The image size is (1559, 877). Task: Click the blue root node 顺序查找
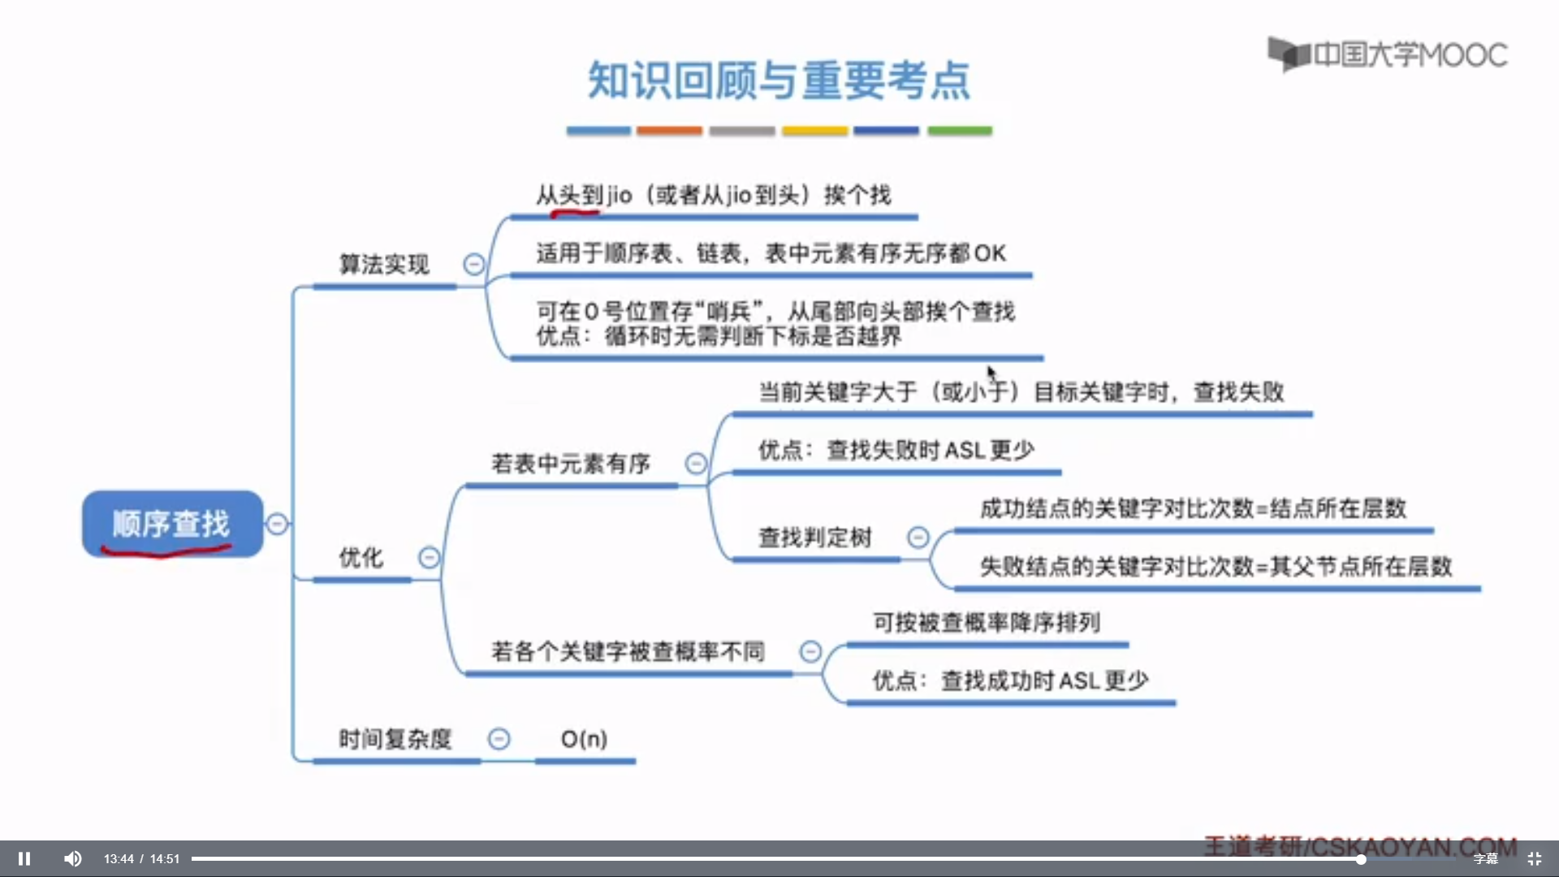(172, 524)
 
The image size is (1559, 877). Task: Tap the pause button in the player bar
(24, 858)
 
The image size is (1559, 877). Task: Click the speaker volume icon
(73, 858)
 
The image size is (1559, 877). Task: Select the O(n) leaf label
(584, 739)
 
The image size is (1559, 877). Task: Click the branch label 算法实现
(384, 265)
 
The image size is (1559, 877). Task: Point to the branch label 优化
(361, 558)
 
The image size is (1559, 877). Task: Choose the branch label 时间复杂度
(395, 739)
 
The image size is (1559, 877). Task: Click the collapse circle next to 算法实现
(474, 264)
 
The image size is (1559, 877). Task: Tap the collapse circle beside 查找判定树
(918, 537)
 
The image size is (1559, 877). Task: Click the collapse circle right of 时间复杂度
(499, 739)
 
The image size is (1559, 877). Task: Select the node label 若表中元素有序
(571, 464)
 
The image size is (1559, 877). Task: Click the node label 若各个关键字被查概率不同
(628, 651)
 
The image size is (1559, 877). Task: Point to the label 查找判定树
(814, 538)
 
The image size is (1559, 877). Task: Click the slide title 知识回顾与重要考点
(779, 80)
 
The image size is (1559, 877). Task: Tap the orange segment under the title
(669, 131)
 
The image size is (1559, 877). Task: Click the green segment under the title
(960, 131)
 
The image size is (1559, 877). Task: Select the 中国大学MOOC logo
(1388, 54)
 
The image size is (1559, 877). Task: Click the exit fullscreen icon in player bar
(1535, 858)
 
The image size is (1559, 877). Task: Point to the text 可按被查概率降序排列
(987, 623)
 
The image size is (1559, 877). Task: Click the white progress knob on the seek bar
(1360, 858)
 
